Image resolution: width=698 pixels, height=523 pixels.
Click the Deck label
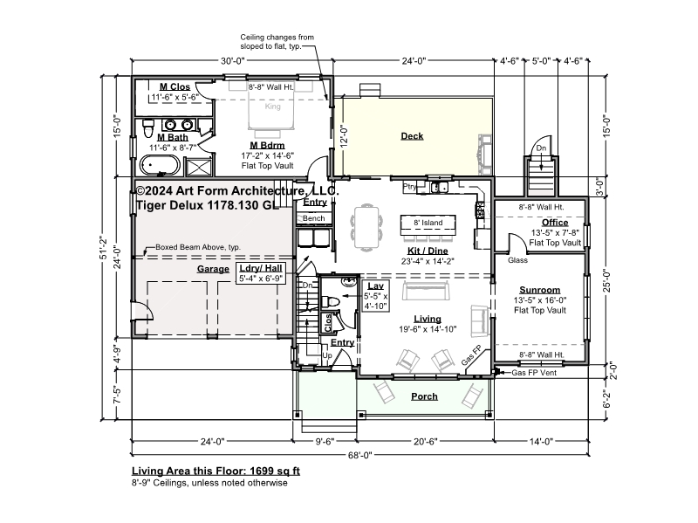(412, 136)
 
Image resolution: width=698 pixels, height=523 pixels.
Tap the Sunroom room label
(539, 290)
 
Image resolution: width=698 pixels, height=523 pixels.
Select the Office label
(555, 223)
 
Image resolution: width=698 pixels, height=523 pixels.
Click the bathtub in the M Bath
(161, 165)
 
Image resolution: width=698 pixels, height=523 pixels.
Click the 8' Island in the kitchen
(428, 225)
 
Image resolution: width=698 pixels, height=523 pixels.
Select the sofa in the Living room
(426, 291)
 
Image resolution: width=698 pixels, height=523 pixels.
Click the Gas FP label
(471, 355)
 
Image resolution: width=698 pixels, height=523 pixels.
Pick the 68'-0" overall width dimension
(360, 455)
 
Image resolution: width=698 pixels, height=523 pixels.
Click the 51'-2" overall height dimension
(104, 247)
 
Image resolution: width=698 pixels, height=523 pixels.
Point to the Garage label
(213, 269)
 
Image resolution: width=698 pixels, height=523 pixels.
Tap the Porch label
(424, 396)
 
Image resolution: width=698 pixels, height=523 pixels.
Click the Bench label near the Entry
(313, 218)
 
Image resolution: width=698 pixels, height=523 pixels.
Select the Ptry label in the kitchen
(409, 186)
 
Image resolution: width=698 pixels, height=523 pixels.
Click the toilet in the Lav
(331, 301)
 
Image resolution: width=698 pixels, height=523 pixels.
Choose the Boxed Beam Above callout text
(198, 247)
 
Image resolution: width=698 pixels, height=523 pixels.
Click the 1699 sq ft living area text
(275, 471)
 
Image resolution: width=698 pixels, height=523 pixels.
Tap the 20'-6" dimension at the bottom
(426, 442)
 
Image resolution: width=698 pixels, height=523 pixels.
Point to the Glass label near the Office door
(517, 260)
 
